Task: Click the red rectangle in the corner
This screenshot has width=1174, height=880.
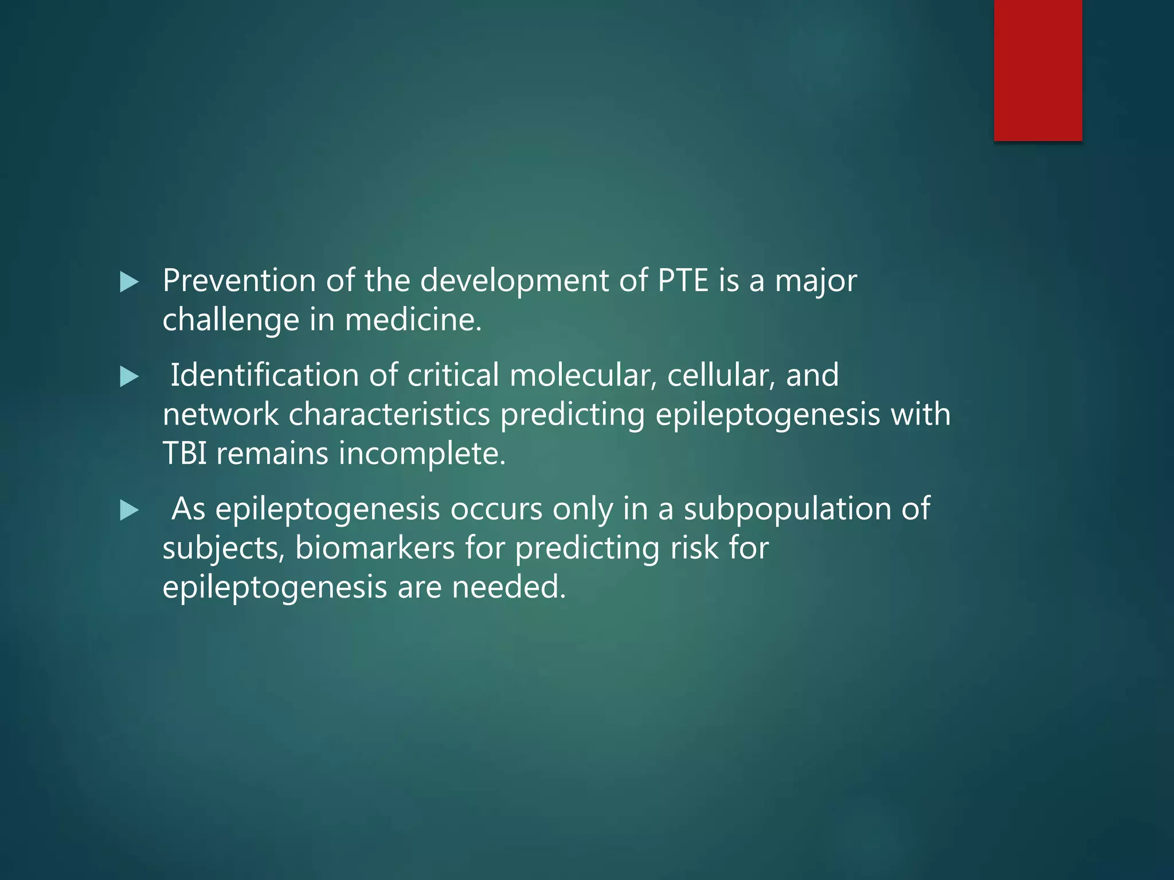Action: (x=1038, y=70)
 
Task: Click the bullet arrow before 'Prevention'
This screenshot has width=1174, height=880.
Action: (x=129, y=282)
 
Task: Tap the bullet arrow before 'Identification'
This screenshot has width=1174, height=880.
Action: (x=129, y=377)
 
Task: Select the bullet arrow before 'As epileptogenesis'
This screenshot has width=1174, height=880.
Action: (x=129, y=510)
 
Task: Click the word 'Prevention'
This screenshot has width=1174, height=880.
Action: (x=239, y=281)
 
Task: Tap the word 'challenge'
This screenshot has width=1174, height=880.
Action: (x=231, y=320)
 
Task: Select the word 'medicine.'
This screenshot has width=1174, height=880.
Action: (x=413, y=320)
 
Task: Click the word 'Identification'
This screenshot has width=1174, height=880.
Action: (x=264, y=375)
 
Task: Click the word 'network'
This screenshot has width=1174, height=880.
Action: (x=220, y=414)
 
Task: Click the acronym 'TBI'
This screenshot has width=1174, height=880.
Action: (x=185, y=453)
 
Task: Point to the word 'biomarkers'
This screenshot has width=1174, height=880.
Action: (x=375, y=548)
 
